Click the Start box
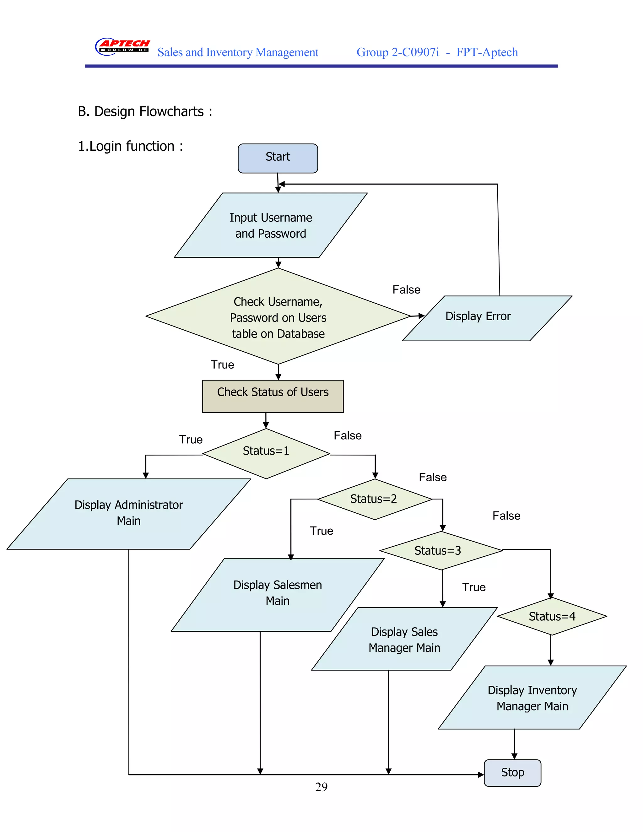click(278, 158)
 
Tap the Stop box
click(512, 773)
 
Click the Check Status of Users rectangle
click(273, 396)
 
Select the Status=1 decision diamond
click(266, 453)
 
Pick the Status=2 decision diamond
click(374, 499)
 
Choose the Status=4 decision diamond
click(552, 616)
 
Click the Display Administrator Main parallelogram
click(129, 514)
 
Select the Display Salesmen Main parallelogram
click(277, 594)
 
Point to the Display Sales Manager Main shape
click(404, 639)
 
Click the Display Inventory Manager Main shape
click(532, 698)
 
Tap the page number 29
click(321, 787)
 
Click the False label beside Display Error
click(406, 290)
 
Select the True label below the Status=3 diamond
click(473, 587)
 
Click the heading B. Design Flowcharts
click(145, 112)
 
